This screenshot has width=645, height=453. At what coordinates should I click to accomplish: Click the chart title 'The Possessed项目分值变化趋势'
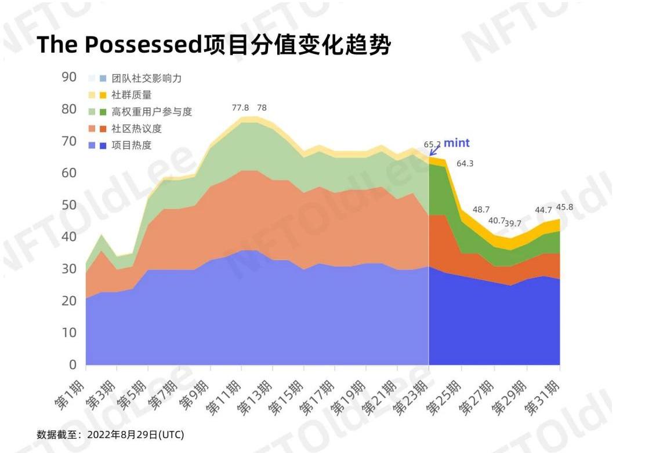(x=213, y=46)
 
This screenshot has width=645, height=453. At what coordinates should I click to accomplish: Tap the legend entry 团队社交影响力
(x=146, y=78)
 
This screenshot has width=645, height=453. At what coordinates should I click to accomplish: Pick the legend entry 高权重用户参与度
(x=151, y=112)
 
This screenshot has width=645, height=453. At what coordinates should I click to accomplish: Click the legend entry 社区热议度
(x=136, y=129)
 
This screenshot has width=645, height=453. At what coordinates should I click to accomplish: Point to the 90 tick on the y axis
(x=69, y=77)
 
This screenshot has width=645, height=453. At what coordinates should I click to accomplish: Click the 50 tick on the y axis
(x=69, y=205)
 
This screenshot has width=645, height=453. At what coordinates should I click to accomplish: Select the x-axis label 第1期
(x=72, y=397)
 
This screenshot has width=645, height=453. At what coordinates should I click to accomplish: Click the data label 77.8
(x=240, y=108)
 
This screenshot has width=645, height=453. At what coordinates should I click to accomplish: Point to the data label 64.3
(x=465, y=163)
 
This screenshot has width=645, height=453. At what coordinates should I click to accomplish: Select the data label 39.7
(x=513, y=224)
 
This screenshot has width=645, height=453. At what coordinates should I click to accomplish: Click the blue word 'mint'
(x=457, y=143)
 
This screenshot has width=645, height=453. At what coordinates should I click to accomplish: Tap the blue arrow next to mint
(x=434, y=151)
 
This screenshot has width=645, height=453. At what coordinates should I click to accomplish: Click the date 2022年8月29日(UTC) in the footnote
(x=135, y=434)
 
